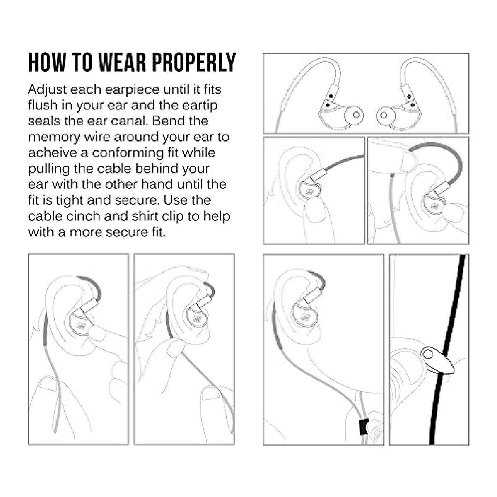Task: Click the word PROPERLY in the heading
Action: pyautogui.click(x=194, y=63)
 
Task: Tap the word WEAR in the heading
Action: pyautogui.click(x=123, y=63)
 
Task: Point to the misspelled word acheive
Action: pyautogui.click(x=53, y=153)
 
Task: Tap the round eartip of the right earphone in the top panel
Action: pyautogui.click(x=384, y=115)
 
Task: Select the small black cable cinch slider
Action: pyautogui.click(x=363, y=427)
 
